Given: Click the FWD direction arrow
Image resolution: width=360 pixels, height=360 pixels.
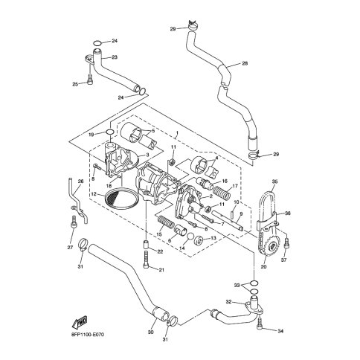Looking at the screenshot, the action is click(80, 321).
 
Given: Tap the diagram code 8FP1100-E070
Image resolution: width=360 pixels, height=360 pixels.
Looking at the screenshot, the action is click(86, 335).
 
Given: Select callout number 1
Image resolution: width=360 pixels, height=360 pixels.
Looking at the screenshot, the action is click(176, 133).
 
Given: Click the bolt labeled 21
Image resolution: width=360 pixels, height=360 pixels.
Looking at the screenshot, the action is click(146, 260).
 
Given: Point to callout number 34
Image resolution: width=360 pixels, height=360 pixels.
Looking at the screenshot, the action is click(280, 331).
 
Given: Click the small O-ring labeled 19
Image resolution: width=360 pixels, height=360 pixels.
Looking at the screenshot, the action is click(110, 132).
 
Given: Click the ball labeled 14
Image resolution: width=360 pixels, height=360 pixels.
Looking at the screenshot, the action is click(190, 237).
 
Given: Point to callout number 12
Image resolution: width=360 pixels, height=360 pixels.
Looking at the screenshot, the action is click(94, 194).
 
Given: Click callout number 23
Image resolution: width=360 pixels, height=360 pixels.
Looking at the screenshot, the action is click(115, 57).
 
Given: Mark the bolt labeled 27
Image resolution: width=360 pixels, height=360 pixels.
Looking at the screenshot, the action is click(74, 222).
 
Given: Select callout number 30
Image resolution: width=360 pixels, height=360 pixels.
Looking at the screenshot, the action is click(151, 332).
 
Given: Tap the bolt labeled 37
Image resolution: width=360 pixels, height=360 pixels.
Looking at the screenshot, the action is click(287, 243).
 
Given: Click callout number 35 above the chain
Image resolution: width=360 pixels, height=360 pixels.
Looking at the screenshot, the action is click(274, 181).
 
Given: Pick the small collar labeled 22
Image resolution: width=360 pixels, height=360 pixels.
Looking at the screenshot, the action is click(146, 245).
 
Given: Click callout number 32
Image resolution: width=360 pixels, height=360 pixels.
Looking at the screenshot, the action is click(229, 302).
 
